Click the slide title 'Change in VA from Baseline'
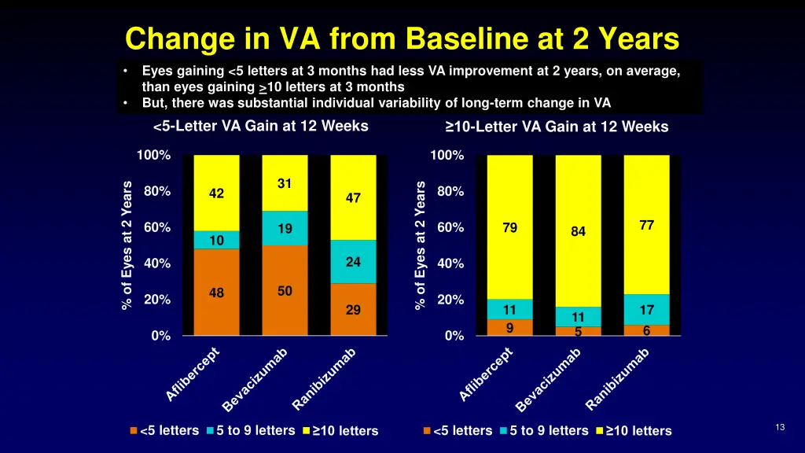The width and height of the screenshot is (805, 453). (402, 38)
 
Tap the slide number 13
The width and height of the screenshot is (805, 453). (780, 427)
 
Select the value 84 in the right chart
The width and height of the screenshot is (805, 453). (578, 232)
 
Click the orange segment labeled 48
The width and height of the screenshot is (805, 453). (216, 293)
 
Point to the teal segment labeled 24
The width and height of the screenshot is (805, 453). (353, 262)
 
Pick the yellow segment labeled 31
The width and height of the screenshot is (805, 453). (285, 183)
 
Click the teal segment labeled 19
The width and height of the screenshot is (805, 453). (285, 229)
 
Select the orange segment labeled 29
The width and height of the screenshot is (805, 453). (353, 310)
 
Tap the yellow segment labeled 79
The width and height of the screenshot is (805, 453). (509, 228)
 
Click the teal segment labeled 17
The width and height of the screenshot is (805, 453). (646, 310)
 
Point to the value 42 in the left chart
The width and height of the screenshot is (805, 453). (216, 193)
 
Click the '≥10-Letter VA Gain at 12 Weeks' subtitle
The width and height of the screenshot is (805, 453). (556, 127)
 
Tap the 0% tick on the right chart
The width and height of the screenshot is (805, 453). (454, 337)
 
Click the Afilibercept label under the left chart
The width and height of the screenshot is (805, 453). (193, 374)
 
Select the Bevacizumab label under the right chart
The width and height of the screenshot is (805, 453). (549, 379)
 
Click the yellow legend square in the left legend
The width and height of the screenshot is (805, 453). (306, 431)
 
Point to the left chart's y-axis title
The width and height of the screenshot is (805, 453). (127, 245)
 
